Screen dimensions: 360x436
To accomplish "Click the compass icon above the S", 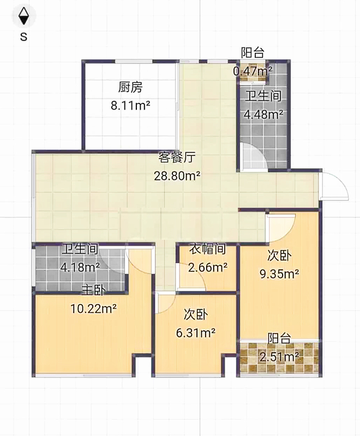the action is click(23, 16).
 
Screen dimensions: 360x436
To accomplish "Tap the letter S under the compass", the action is click(23, 37).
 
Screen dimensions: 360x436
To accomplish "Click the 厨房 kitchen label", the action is click(130, 87).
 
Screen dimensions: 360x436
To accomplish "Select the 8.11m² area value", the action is click(130, 105).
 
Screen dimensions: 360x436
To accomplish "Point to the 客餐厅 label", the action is click(177, 158).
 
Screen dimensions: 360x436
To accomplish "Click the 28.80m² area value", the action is click(177, 175).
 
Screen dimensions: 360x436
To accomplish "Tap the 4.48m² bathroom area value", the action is click(263, 114).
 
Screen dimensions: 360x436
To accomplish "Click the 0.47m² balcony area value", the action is click(253, 71).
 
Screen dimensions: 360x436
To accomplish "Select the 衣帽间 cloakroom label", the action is click(207, 249).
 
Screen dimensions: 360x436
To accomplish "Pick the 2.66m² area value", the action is click(208, 268).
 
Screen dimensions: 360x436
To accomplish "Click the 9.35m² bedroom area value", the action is click(279, 274).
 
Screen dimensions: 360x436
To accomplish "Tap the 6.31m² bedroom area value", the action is click(196, 332).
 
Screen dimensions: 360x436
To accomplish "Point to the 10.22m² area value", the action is click(93, 308).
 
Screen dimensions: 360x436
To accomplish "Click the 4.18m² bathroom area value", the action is click(80, 268).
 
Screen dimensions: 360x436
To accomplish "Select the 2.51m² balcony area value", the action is click(279, 357).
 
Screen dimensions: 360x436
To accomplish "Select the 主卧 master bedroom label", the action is click(93, 290).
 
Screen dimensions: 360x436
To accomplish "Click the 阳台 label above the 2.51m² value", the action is click(279, 338).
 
